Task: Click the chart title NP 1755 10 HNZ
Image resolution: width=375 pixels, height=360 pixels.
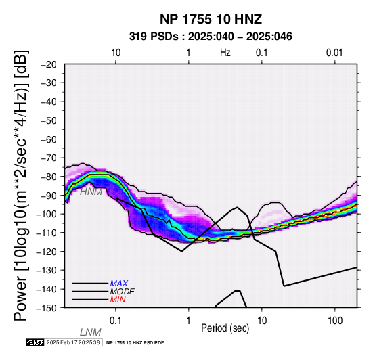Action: tap(211, 19)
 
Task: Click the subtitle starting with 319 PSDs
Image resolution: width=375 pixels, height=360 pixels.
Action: tap(211, 37)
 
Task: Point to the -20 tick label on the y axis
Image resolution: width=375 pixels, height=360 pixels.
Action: tap(49, 64)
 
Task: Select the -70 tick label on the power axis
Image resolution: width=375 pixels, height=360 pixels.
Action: tap(49, 158)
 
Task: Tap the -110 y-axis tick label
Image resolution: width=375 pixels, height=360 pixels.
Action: tap(47, 233)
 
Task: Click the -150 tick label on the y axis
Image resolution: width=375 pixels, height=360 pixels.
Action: tap(47, 308)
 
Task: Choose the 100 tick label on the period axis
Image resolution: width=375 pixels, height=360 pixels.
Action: tap(335, 321)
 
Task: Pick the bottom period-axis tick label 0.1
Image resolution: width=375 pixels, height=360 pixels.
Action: tap(116, 321)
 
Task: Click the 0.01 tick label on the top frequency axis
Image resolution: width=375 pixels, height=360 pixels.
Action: tap(334, 53)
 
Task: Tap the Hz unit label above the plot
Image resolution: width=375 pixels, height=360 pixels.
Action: tap(225, 53)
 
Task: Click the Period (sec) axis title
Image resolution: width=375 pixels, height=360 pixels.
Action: tap(225, 328)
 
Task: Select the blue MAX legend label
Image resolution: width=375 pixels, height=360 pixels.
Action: tap(119, 284)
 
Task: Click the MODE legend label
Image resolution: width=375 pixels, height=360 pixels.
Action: tap(123, 292)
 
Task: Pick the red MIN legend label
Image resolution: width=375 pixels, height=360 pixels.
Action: tap(118, 300)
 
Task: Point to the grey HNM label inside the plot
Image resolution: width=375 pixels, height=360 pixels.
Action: tap(91, 192)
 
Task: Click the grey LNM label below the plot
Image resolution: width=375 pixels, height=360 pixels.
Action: tap(91, 332)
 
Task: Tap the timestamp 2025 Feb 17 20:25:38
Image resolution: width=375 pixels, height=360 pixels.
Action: tap(73, 342)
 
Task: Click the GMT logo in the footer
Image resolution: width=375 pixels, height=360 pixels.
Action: tap(35, 342)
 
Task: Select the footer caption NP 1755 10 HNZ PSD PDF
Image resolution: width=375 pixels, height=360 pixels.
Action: tap(135, 343)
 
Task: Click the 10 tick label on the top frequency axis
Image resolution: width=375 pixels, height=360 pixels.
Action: tap(116, 53)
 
